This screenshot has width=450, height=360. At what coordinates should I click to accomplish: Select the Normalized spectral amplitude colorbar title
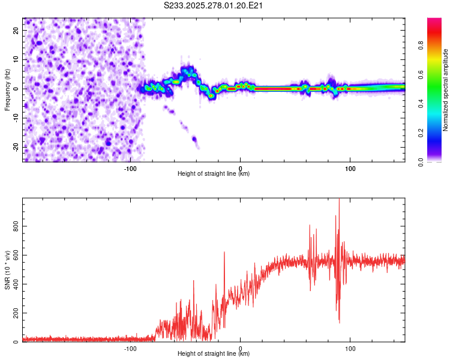pyautogui.click(x=445, y=90)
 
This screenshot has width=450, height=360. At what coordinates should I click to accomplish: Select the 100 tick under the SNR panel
pyautogui.click(x=350, y=348)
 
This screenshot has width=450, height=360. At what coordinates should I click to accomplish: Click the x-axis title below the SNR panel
pyautogui.click(x=214, y=355)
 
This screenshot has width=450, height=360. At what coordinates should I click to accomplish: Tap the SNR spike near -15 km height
pyautogui.click(x=224, y=253)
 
